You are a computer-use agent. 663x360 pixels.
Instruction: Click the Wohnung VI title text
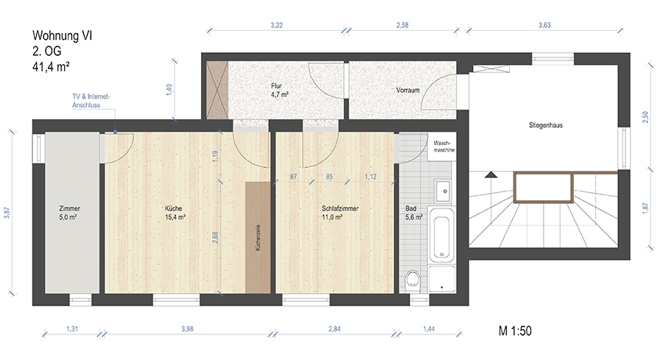62,35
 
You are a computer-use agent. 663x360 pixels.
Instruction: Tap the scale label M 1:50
515,331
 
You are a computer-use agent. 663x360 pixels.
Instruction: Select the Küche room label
173,208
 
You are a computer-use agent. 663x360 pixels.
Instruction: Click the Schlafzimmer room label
340,208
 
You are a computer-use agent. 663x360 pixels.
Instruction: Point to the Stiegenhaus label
545,125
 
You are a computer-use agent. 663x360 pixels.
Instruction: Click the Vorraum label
407,90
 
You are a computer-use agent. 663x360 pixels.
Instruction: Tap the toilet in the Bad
413,280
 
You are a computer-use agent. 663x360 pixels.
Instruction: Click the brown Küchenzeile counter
258,237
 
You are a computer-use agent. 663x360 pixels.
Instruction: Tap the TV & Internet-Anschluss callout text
91,101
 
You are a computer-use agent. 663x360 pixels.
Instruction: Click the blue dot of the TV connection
115,133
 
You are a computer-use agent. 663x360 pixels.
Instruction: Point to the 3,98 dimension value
187,329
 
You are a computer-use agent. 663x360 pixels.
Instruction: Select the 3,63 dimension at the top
544,25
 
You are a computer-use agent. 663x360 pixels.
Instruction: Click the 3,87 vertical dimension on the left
7,213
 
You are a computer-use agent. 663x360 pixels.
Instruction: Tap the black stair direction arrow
491,174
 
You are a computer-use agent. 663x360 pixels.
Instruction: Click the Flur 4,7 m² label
279,91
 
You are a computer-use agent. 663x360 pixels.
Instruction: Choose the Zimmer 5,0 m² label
69,213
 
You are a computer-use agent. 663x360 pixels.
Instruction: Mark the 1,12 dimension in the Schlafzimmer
371,177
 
